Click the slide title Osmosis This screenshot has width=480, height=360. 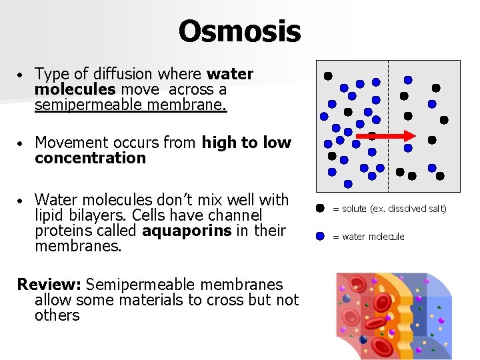239,31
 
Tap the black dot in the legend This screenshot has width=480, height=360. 320,209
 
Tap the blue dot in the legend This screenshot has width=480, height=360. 320,236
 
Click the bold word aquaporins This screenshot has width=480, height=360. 213,231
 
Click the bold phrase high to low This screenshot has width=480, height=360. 246,142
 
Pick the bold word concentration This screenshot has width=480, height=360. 90,158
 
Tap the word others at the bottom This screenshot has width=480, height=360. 57,315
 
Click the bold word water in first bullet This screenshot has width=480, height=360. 230,74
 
